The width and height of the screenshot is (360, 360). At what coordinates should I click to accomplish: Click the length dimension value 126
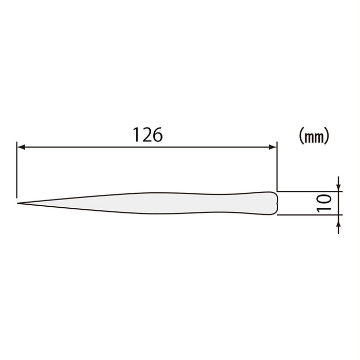tap(148, 134)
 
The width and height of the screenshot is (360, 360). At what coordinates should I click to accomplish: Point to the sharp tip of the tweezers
tap(19, 203)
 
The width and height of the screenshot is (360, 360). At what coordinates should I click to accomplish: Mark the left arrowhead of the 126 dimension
tap(21, 147)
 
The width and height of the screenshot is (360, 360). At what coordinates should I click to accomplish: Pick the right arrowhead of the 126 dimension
tap(274, 147)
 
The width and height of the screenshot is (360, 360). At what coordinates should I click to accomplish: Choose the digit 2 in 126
tap(148, 134)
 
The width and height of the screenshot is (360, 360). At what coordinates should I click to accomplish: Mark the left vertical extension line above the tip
tap(17, 170)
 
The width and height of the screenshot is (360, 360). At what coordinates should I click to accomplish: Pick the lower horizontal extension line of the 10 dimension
tap(309, 215)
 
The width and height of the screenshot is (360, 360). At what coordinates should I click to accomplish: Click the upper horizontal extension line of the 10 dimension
tap(309, 191)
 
